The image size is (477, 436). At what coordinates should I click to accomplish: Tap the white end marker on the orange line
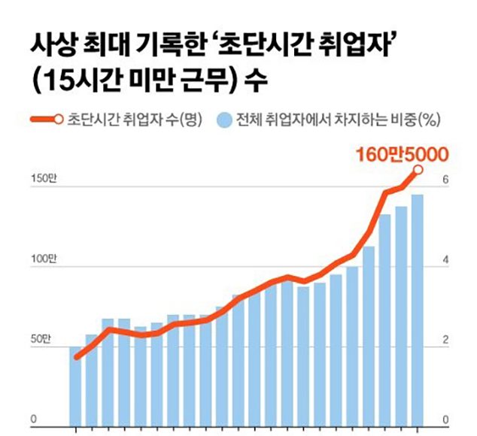point(418,171)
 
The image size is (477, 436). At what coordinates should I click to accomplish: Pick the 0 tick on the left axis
point(34,419)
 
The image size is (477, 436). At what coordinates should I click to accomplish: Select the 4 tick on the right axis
point(446,260)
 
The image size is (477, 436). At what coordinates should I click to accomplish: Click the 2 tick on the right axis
point(446,340)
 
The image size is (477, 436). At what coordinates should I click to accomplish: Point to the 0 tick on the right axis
point(446,419)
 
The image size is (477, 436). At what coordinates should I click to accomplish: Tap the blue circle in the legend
point(223,120)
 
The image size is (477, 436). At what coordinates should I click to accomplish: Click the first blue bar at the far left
point(75,386)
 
